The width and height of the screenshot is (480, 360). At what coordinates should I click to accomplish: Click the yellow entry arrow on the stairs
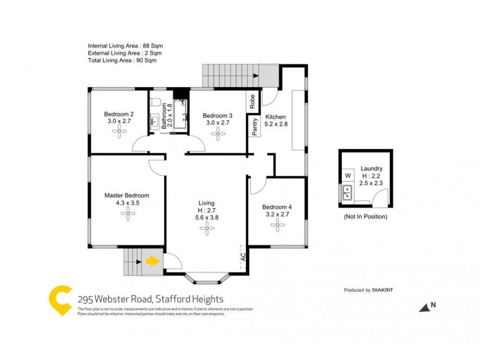[x=153, y=261]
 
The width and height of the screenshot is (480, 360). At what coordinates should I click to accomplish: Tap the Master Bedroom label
[x=127, y=195]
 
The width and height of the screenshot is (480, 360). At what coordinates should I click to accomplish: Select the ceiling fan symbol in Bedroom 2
[x=119, y=134]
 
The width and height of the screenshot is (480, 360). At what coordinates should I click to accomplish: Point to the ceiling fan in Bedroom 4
[x=277, y=225]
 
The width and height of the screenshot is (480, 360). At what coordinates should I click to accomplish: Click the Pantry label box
[x=254, y=127]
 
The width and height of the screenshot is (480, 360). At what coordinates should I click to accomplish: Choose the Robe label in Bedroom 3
[x=253, y=101]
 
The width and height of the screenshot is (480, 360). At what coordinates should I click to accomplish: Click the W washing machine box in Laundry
[x=347, y=175]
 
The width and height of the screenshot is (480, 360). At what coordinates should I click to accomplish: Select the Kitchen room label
[x=275, y=117]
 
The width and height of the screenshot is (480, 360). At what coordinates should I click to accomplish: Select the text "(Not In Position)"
[x=365, y=217]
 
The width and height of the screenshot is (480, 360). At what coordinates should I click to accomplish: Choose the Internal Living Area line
[x=125, y=46]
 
